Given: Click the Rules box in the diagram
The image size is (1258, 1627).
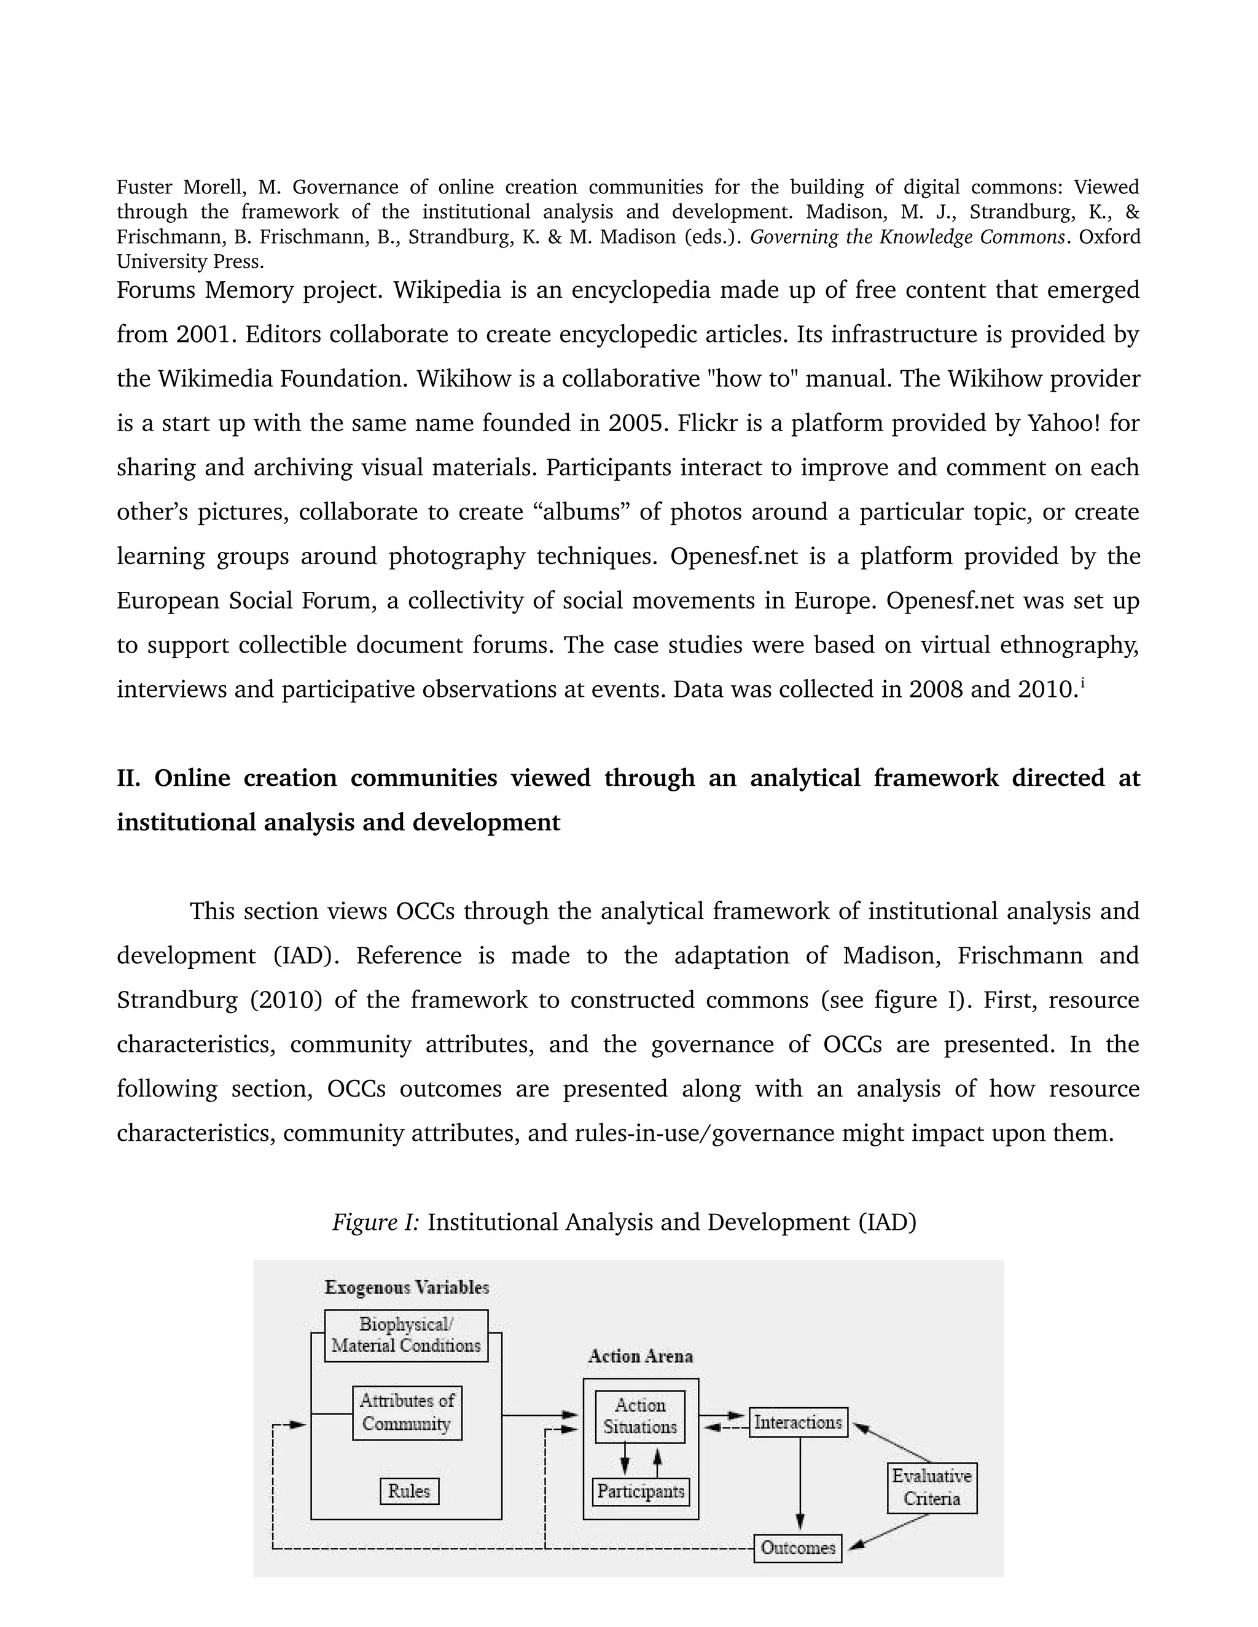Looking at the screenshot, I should click(x=409, y=1491).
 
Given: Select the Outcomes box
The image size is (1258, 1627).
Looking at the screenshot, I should click(x=797, y=1548).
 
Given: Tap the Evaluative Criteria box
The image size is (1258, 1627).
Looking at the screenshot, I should click(x=932, y=1487).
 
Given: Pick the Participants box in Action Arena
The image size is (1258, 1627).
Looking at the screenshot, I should click(x=641, y=1491).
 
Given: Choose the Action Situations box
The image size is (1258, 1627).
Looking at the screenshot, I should click(x=640, y=1416).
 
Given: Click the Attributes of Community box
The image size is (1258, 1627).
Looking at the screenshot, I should click(x=407, y=1413).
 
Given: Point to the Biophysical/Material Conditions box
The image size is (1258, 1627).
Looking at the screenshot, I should click(x=406, y=1335).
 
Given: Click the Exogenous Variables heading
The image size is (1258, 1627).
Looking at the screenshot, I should click(x=406, y=1287).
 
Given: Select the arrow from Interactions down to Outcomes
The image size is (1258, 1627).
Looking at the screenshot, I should click(x=800, y=1483).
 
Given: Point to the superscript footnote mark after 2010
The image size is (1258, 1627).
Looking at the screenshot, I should click(x=1082, y=684).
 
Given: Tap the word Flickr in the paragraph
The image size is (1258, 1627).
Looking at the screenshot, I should click(x=705, y=423).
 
